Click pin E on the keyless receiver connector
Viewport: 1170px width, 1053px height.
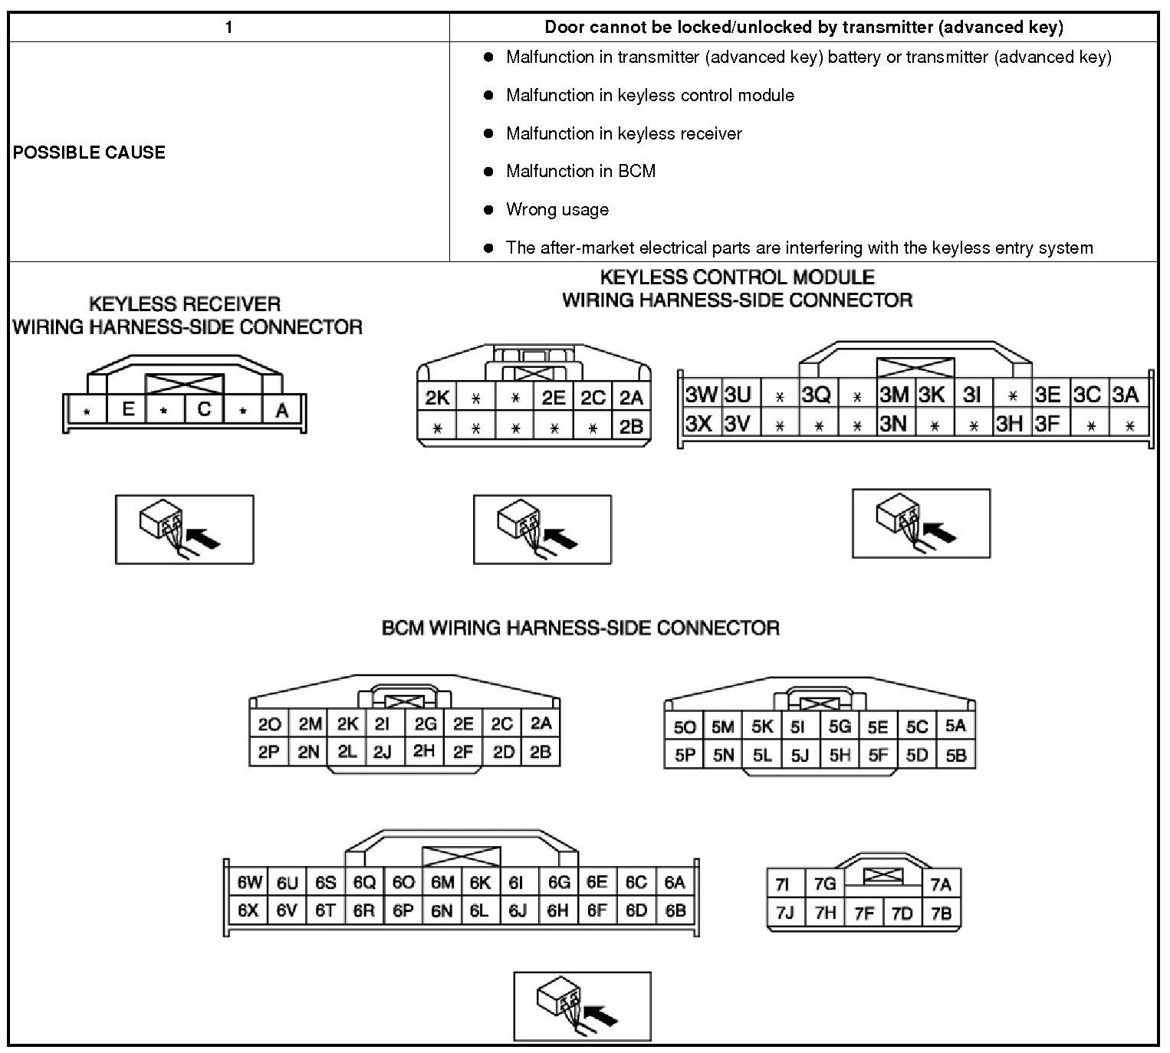coord(128,409)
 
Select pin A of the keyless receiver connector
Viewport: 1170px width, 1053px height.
coord(282,411)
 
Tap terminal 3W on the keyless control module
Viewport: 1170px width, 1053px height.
coord(701,395)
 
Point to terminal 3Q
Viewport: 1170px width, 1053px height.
coord(817,395)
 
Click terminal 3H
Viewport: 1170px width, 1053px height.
coord(1010,423)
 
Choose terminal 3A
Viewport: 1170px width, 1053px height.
coord(1126,395)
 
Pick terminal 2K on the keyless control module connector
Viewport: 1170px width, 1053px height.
coord(437,398)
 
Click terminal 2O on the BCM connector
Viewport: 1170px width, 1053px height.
coord(269,724)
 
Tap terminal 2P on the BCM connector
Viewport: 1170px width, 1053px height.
coord(269,753)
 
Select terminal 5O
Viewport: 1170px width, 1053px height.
coord(684,727)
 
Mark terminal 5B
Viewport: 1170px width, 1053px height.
coord(955,755)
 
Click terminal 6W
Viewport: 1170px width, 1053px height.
coord(249,883)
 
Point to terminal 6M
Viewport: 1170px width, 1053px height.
coord(442,883)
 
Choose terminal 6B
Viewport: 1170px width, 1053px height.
coord(675,911)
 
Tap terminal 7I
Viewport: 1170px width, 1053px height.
coord(782,884)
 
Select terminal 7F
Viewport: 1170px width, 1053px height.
coord(864,913)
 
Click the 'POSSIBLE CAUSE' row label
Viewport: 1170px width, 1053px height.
coord(89,152)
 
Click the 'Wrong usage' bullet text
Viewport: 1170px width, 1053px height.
coord(557,209)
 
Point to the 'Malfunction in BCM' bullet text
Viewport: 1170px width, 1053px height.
coord(580,171)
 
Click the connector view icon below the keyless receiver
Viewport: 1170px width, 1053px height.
coord(184,530)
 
